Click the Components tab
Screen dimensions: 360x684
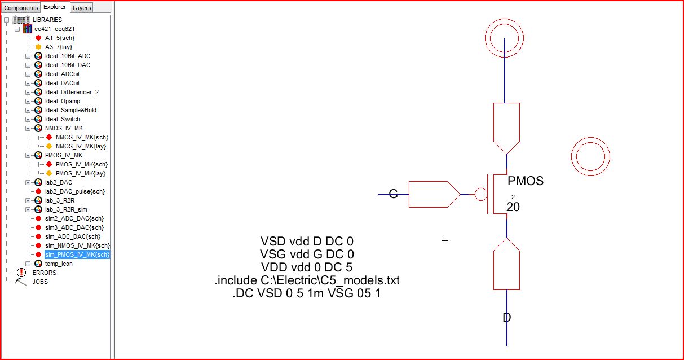coord(21,8)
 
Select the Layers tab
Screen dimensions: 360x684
coord(82,8)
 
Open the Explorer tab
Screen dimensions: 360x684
coord(55,7)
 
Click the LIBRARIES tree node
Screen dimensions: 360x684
coord(47,20)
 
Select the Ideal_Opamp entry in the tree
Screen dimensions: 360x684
coord(62,101)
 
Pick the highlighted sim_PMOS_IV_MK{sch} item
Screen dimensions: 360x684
coord(77,254)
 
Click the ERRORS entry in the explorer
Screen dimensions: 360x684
coord(44,273)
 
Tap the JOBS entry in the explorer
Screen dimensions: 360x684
coord(40,282)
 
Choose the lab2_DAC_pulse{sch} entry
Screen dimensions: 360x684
coord(74,191)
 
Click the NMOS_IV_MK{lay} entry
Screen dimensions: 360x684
coord(81,146)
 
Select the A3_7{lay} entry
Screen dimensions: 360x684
coord(59,47)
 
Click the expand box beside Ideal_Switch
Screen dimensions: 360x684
coord(28,119)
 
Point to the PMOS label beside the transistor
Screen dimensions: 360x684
coord(525,181)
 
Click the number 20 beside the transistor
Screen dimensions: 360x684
coord(513,207)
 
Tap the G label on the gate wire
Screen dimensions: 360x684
coord(394,195)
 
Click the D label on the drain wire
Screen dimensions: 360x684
coord(506,318)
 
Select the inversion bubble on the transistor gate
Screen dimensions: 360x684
coord(481,195)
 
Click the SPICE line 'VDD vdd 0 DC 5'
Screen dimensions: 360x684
coord(307,267)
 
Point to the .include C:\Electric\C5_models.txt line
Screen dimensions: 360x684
coord(307,280)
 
